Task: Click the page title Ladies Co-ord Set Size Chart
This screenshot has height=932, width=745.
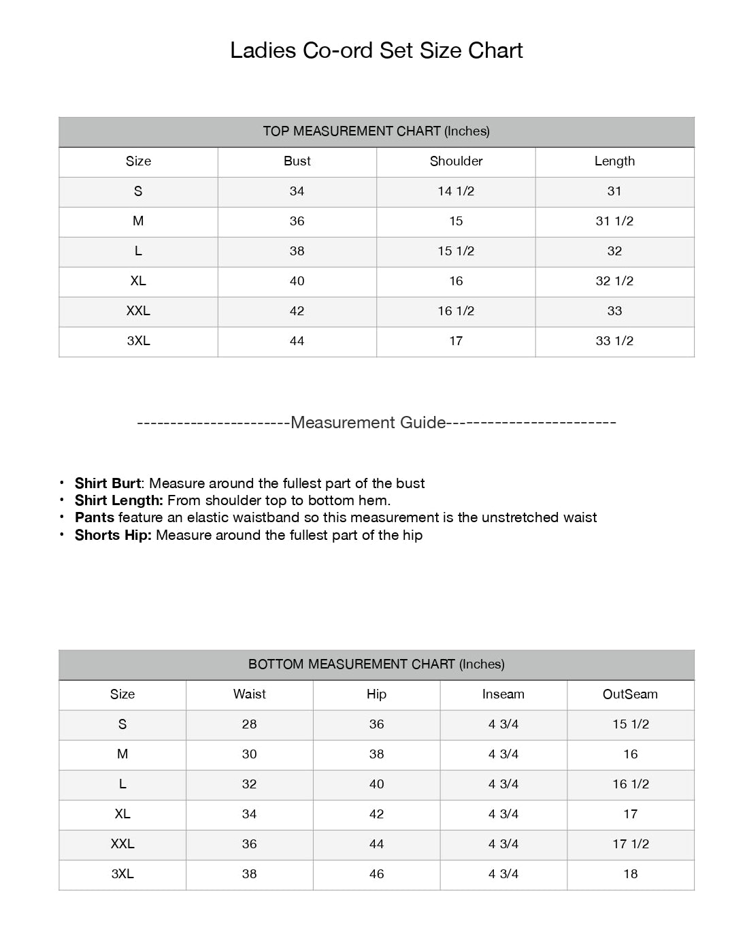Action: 376,50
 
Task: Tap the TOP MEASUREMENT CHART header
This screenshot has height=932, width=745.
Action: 376,131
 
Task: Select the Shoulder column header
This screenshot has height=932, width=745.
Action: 456,161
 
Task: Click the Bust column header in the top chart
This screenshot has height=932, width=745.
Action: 297,161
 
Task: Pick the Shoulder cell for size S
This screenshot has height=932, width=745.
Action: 456,191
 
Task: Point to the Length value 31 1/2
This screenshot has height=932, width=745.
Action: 614,221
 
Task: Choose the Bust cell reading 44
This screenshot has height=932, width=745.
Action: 297,341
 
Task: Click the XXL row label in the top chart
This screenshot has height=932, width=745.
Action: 138,311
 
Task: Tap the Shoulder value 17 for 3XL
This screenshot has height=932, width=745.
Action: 456,341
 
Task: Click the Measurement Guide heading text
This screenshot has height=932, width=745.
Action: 368,423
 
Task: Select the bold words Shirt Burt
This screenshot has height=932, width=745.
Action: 108,483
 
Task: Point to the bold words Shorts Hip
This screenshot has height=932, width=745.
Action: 113,535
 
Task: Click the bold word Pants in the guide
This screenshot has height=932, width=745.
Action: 95,517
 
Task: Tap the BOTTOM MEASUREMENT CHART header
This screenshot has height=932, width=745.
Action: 376,664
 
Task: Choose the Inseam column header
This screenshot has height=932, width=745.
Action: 503,694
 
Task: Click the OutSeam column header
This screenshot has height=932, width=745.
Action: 630,694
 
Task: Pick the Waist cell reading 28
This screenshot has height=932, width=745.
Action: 249,724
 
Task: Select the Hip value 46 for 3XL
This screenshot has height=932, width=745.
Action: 376,874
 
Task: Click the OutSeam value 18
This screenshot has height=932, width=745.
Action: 631,874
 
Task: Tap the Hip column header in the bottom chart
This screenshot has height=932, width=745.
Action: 376,694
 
